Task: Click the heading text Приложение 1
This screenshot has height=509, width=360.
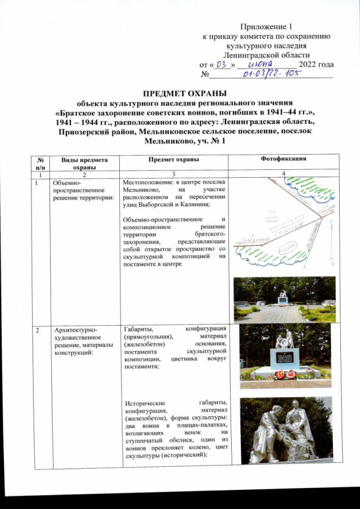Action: (266, 26)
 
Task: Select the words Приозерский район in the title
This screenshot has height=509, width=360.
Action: (104, 131)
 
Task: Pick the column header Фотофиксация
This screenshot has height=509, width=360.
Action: (283, 159)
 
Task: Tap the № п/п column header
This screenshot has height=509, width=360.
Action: (39, 163)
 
